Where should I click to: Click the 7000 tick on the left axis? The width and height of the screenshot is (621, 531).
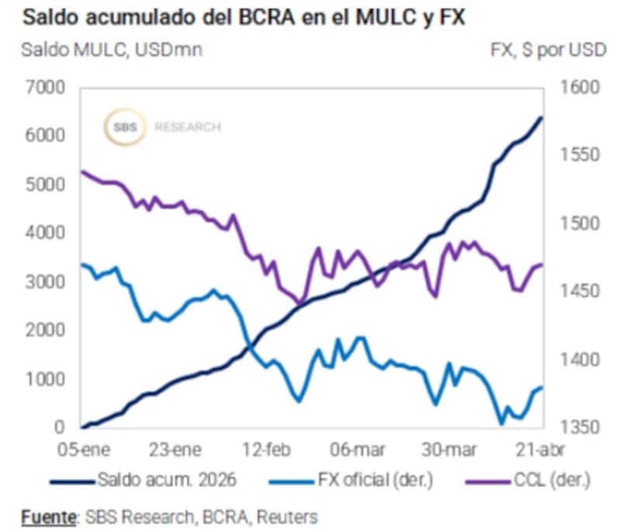click(49, 87)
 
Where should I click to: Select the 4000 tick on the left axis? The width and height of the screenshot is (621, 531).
click(49, 233)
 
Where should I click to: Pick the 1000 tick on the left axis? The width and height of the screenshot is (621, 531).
click(49, 379)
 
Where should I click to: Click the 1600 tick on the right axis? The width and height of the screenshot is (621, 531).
click(575, 87)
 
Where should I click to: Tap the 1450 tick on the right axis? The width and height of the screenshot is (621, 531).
click(575, 291)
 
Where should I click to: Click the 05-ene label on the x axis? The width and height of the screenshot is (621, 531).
click(85, 449)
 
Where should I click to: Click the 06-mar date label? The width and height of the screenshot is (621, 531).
click(355, 449)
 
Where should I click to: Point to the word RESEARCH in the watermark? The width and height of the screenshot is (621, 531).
click(187, 127)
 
